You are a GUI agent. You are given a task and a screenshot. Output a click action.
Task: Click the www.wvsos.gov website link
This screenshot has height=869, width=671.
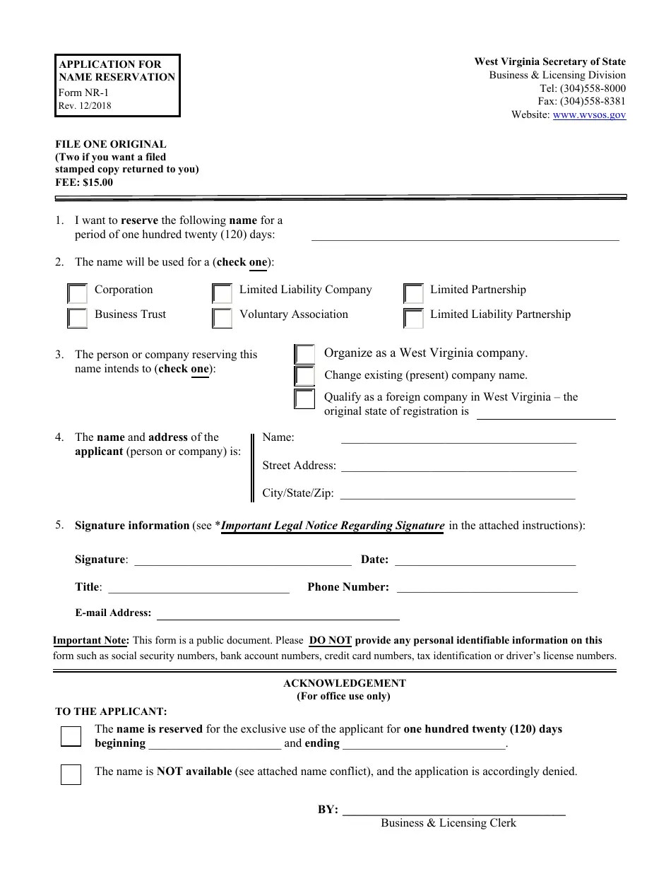point(589,114)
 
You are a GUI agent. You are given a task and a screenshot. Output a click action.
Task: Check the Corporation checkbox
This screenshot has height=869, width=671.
point(77,293)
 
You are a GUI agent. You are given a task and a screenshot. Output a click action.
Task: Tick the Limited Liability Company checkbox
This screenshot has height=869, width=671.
point(222,293)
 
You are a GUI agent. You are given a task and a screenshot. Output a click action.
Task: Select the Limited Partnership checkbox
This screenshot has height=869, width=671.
point(413,293)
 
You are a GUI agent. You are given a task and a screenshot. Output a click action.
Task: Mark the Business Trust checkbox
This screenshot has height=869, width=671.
point(77,318)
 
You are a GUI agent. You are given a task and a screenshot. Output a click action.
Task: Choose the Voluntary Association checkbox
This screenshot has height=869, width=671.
point(222,318)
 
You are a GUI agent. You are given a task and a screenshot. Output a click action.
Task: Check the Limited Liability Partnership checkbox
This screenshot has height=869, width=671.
point(413,318)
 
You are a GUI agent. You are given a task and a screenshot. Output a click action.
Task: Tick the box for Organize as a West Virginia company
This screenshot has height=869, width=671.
point(304,354)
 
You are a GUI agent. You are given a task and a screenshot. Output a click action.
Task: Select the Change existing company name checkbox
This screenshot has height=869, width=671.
point(304,376)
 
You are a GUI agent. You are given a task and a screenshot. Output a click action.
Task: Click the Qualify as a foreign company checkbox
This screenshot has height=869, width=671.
point(304,399)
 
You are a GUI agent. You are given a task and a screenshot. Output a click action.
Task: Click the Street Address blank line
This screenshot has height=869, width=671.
point(458,466)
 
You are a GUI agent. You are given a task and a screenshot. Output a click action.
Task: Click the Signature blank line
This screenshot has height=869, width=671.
point(242,560)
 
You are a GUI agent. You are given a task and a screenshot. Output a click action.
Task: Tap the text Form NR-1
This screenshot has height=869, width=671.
point(84,93)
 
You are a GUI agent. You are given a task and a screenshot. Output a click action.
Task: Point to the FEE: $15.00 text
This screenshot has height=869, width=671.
point(84,182)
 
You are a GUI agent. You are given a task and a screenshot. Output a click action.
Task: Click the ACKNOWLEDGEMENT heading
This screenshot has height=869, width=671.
point(344,683)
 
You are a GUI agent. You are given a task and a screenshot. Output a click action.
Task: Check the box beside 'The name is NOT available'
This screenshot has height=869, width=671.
point(71,774)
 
